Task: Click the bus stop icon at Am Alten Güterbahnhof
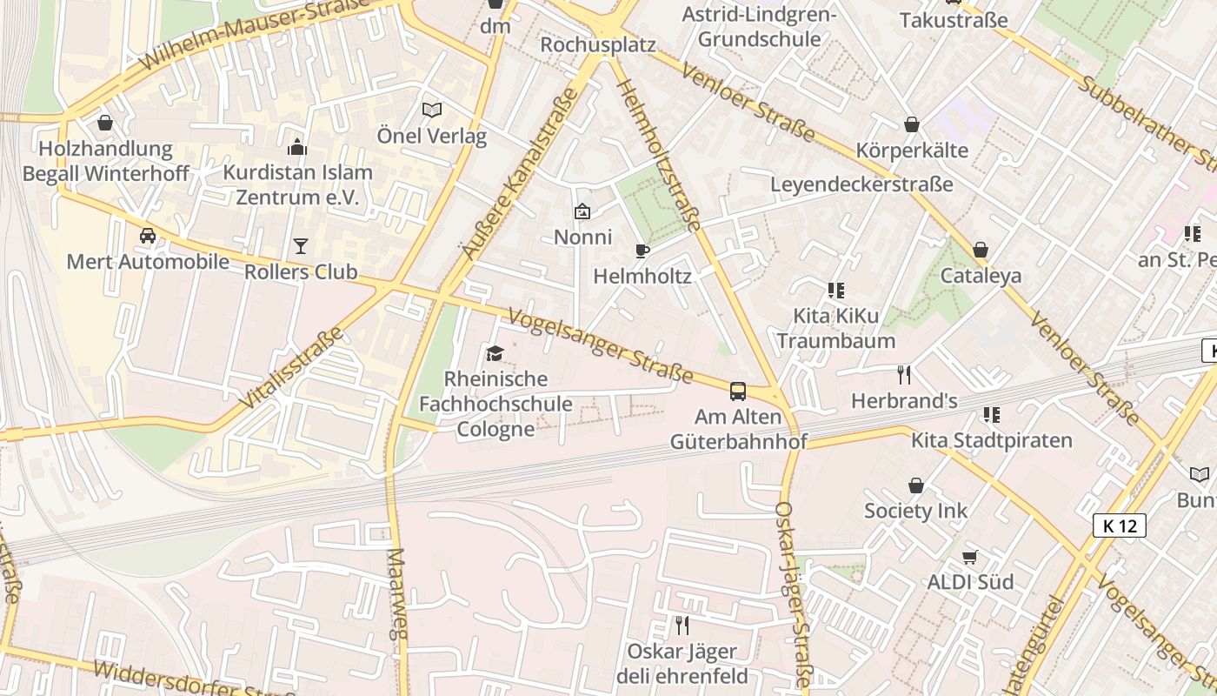tap(737, 391)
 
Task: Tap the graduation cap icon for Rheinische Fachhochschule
tap(495, 353)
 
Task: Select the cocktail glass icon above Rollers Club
tap(300, 246)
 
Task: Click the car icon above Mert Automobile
tap(148, 236)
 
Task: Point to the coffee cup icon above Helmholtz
tap(642, 251)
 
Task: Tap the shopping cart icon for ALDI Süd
tap(970, 557)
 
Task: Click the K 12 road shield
tap(1120, 525)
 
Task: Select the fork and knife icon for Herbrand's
tap(904, 375)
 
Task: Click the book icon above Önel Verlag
tap(432, 110)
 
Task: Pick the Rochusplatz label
tap(597, 44)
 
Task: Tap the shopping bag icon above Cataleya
tap(981, 251)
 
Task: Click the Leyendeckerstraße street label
tap(861, 184)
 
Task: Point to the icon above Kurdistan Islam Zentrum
tap(297, 147)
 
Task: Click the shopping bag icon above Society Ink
tap(915, 485)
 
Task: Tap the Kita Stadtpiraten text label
tap(991, 440)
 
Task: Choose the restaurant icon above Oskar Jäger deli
tap(682, 625)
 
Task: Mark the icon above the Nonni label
tap(582, 211)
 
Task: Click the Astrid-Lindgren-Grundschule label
tap(759, 27)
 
